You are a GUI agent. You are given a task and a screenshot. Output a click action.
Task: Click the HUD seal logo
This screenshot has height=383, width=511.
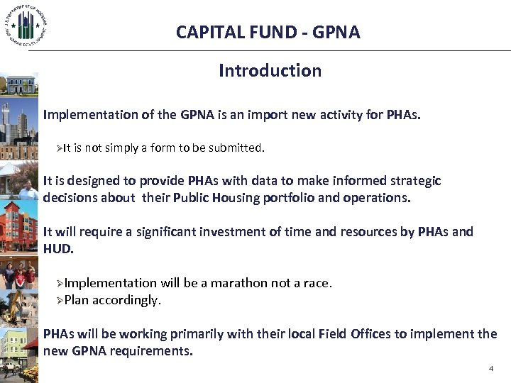point(26,25)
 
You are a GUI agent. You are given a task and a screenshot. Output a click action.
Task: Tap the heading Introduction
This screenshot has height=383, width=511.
point(270,71)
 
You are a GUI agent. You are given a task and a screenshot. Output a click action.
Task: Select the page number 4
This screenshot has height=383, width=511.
point(490,369)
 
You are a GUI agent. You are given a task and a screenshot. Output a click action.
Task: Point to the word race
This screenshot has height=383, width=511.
point(315,283)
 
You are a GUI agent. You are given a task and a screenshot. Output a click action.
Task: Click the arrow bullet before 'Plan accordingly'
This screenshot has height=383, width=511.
point(60,301)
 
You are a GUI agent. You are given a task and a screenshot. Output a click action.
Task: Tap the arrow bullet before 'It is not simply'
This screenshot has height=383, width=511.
point(60,148)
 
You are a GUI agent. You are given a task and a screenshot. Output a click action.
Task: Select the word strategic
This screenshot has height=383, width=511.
point(416,181)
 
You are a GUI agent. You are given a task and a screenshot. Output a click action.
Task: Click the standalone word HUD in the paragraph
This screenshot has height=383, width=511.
point(57,249)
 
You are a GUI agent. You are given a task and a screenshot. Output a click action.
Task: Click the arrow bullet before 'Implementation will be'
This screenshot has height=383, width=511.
point(60,284)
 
